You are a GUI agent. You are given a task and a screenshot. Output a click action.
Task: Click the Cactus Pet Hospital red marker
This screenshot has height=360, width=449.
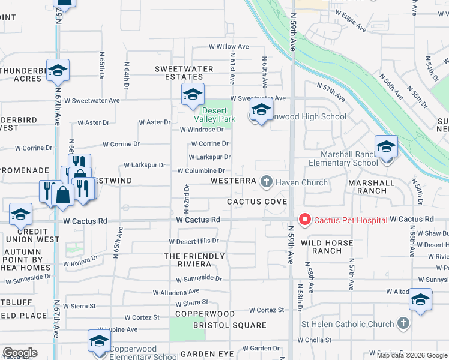tap(304, 220)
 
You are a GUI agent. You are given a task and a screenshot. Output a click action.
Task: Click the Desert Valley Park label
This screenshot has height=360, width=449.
tap(218, 115)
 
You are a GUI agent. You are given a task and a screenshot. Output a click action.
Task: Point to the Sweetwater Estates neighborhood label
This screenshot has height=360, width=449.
tap(184, 73)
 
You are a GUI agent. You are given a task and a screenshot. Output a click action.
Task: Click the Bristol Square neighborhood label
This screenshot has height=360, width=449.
tap(229, 325)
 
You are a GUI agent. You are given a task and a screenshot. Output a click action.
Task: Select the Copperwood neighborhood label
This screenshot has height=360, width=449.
tap(205, 314)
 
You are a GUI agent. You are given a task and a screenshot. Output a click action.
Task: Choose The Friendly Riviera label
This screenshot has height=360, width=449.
tap(194, 260)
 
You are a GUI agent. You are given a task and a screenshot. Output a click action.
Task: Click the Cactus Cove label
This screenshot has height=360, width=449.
tap(257, 202)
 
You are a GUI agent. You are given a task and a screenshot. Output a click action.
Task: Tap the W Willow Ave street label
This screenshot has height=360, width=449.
tap(229, 46)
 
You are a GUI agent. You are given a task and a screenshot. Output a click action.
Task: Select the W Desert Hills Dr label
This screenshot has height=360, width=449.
tap(193, 241)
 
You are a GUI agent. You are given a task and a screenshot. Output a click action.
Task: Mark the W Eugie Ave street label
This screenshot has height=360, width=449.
tap(351, 20)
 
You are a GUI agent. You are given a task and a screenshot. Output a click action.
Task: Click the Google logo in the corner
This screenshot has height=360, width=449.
tap(20, 353)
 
